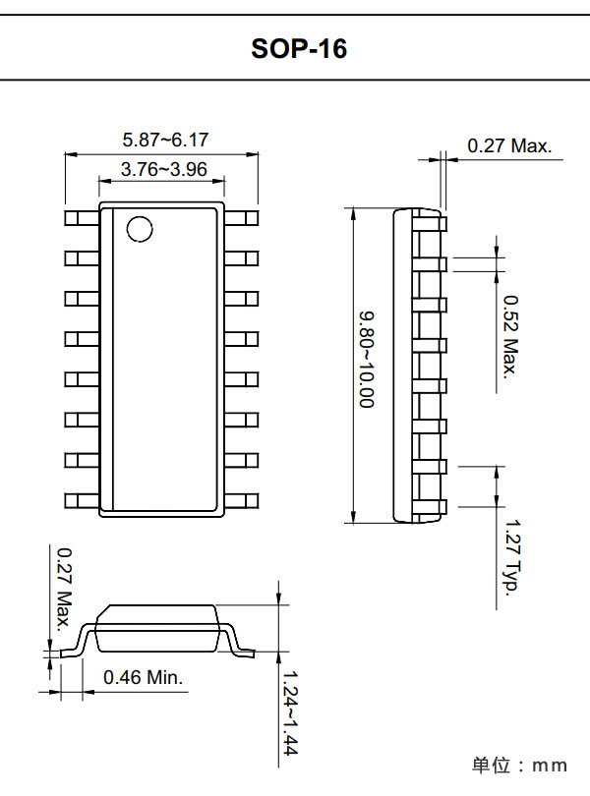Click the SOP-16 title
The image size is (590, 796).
(x=299, y=48)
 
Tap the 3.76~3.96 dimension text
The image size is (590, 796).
(x=163, y=169)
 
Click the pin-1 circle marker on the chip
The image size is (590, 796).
(x=140, y=228)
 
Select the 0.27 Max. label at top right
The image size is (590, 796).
(x=509, y=146)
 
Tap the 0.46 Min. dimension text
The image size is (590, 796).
(x=144, y=677)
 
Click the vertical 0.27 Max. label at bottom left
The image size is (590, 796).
(x=64, y=590)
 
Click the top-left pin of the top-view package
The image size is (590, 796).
(x=81, y=217)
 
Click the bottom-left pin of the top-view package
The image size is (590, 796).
(x=81, y=501)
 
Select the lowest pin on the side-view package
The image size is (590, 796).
(x=439, y=507)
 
